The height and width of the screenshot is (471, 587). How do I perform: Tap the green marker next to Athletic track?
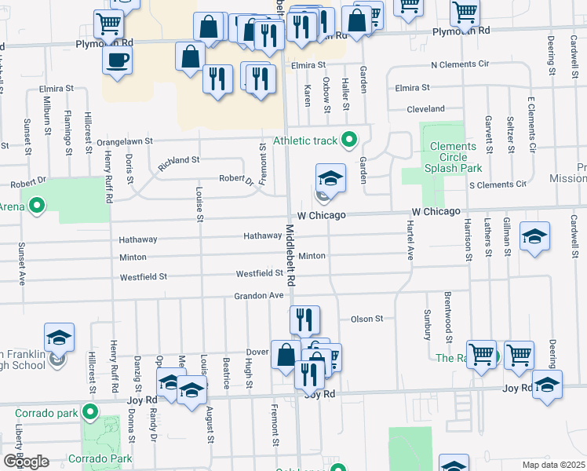click(350, 141)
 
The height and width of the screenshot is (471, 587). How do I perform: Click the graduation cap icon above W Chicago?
click(330, 177)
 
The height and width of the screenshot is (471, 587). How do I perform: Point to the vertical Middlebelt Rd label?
click(290, 255)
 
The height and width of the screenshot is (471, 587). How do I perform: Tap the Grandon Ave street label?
click(257, 295)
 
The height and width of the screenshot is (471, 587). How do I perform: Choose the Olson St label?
click(366, 319)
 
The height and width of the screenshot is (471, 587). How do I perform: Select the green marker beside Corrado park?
click(91, 411)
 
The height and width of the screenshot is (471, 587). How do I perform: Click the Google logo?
click(26, 461)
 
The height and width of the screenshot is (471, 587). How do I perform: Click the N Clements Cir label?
click(460, 64)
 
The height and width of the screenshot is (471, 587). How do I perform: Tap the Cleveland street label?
click(425, 109)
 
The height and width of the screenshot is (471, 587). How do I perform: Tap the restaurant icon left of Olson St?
click(304, 319)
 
